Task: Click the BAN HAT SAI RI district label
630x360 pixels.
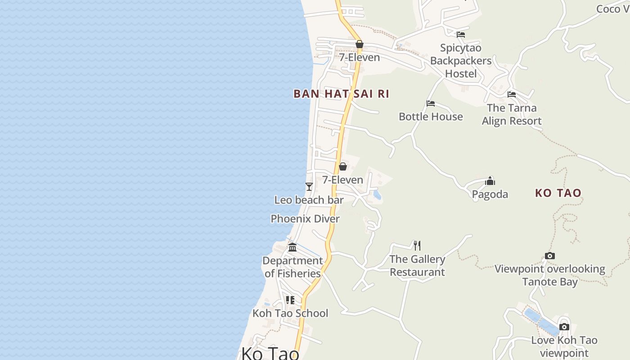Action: pos(341,94)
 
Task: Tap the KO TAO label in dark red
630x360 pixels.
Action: pos(558,193)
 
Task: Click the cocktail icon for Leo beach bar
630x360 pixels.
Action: pos(309,186)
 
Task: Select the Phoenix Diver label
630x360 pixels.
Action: pos(305,219)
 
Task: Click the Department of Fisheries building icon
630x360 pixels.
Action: pos(292,247)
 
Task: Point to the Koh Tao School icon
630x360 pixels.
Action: pos(290,300)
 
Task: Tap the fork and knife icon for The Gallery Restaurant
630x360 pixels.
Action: pos(417,245)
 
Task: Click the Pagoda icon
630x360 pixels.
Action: pos(490,181)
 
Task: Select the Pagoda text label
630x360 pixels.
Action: pos(490,194)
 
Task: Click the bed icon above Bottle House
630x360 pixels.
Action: pos(431,103)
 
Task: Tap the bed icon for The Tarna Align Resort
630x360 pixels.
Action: pos(512,94)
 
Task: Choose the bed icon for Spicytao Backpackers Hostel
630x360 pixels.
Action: pos(460,34)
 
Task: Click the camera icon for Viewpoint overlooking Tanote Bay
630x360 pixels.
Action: pos(549,256)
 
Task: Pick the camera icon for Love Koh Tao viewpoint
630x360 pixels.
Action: pos(564,327)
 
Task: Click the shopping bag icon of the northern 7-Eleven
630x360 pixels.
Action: pos(359,44)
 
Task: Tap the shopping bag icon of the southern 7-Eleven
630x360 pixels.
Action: pos(342,166)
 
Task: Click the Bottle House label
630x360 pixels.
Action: pos(431,117)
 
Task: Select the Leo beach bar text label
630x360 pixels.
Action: pos(309,200)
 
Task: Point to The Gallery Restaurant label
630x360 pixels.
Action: pos(417,265)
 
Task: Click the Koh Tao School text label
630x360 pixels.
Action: pos(290,313)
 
